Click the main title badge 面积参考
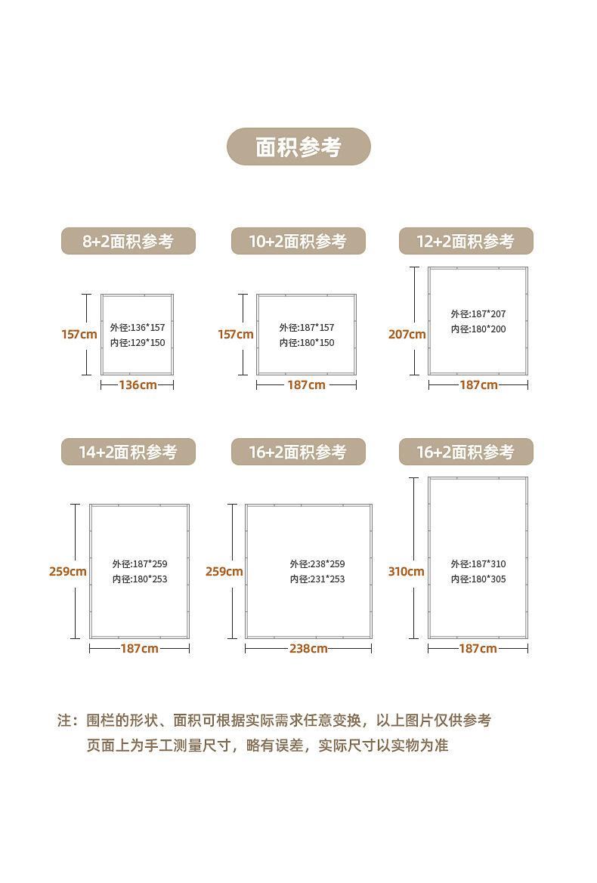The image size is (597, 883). click(x=298, y=147)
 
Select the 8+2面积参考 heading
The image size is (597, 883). click(x=128, y=241)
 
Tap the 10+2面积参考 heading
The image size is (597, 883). click(x=298, y=241)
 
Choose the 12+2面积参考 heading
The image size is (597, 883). click(x=466, y=241)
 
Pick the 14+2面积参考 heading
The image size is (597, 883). click(x=128, y=452)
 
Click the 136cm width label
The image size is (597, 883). click(x=138, y=385)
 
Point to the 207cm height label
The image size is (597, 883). click(x=407, y=334)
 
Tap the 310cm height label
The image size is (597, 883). click(x=406, y=572)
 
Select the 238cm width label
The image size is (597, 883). click(x=308, y=649)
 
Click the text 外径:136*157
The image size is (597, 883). click(x=137, y=328)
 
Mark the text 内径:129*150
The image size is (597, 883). click(x=137, y=343)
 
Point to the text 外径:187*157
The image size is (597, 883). click(x=306, y=328)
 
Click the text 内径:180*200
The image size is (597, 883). click(x=478, y=329)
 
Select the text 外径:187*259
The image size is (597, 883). click(x=140, y=564)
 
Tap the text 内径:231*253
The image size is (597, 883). click(x=317, y=579)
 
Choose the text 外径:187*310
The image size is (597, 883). click(x=478, y=564)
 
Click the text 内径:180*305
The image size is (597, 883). click(x=478, y=579)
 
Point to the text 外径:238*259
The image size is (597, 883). click(x=317, y=564)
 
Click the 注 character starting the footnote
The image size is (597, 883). click(x=64, y=721)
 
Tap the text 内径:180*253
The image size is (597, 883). click(x=140, y=579)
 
